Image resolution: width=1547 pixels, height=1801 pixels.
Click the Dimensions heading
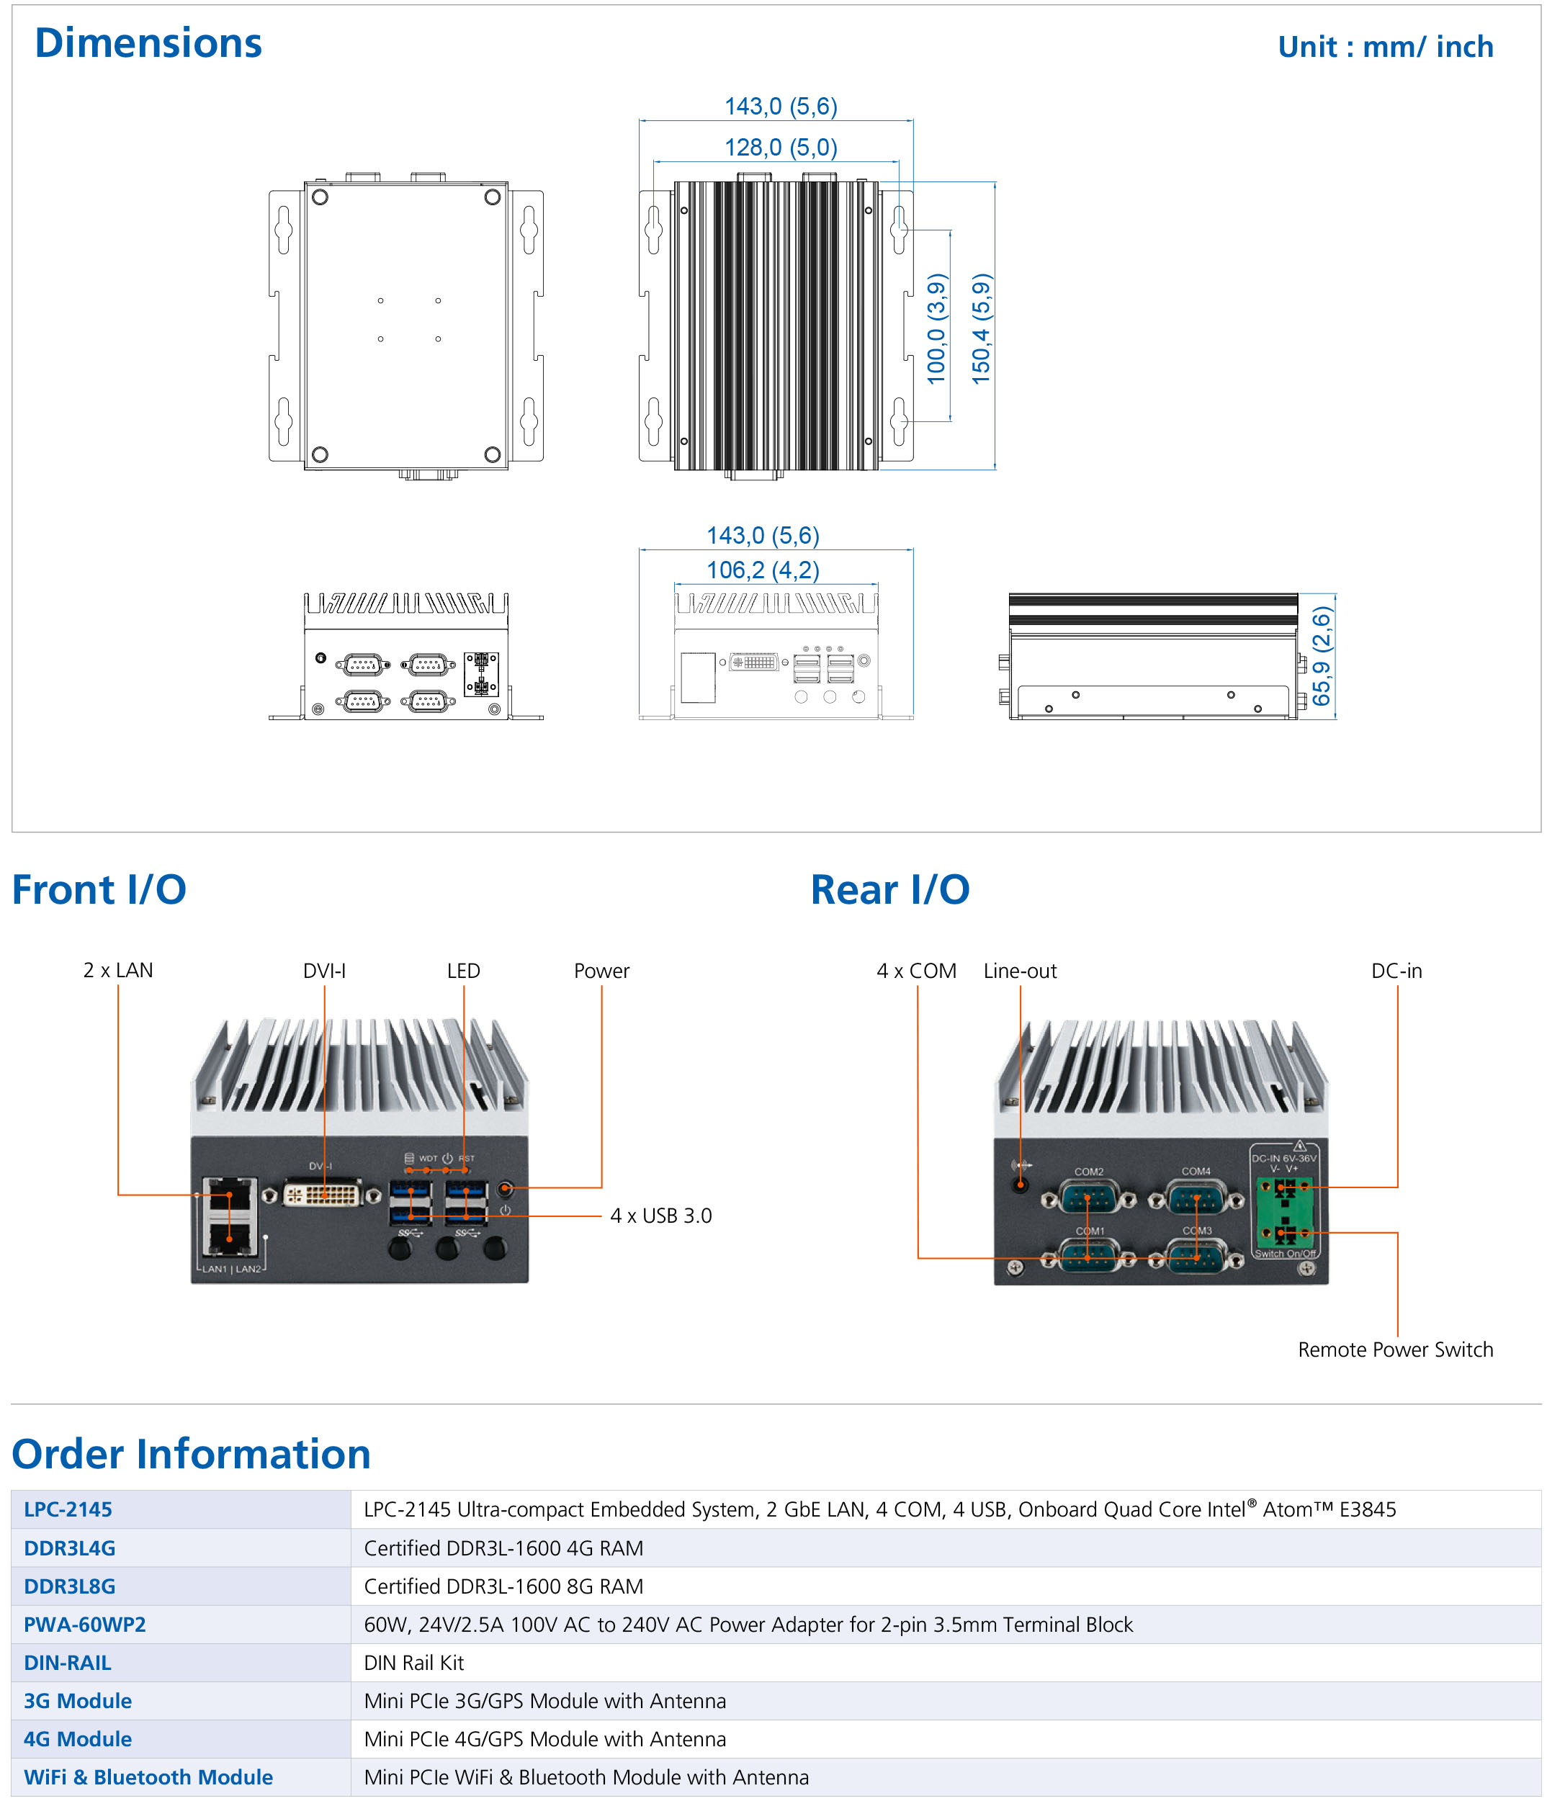(x=148, y=42)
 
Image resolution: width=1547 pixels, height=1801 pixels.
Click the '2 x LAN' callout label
(x=117, y=970)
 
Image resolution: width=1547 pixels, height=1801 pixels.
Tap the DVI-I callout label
(x=324, y=970)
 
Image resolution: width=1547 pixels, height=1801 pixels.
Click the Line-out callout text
(x=1020, y=970)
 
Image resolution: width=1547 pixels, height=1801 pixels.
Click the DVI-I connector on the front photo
(x=323, y=1194)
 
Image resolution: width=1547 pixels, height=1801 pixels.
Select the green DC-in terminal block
(x=1285, y=1210)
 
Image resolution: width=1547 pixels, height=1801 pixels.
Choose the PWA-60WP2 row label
(x=84, y=1624)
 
